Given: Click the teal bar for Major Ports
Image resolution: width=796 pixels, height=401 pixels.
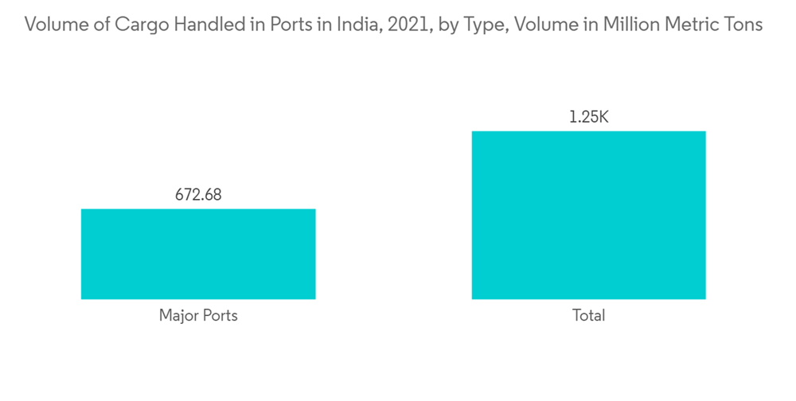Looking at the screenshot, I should pos(198,254).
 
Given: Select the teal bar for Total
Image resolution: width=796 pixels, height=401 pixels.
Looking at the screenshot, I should pos(588,215).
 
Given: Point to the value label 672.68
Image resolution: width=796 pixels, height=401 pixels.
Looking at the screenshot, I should pos(198,194).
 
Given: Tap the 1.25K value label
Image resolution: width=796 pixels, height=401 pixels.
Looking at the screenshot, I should pos(588,117).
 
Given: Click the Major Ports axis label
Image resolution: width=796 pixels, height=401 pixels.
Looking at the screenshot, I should pos(198,316).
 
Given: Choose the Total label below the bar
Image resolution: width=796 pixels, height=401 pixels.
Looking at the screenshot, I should pos(588,316).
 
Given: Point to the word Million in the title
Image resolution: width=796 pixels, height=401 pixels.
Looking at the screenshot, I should pos(630,25).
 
